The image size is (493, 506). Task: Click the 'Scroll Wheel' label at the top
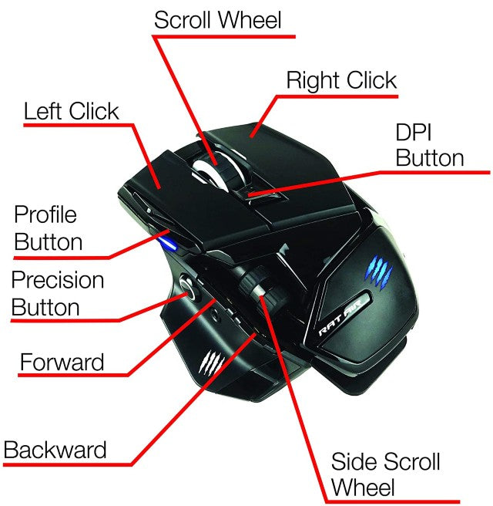click(x=217, y=19)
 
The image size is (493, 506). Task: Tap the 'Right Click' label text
click(x=341, y=80)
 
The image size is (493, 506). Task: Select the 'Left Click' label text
click(x=71, y=110)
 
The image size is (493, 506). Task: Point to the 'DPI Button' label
click(x=429, y=144)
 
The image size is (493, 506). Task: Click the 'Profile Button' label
click(x=48, y=228)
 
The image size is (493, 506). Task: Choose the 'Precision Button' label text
click(x=57, y=293)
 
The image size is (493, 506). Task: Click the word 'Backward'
click(x=55, y=449)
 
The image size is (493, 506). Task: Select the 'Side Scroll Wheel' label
click(x=384, y=474)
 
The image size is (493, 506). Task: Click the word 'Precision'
click(x=57, y=279)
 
